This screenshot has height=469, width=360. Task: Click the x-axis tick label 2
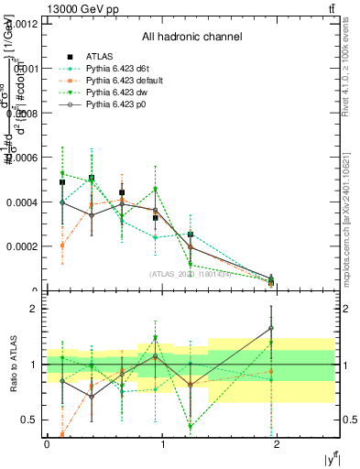tap(279, 444)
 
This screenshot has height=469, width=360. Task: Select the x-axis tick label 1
tap(163, 444)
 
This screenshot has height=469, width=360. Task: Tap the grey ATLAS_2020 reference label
tap(191, 273)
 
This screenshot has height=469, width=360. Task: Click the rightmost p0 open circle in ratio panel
tap(271, 328)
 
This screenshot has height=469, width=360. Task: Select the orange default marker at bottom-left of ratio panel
tap(61, 434)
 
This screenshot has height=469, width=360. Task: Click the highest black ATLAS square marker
tap(92, 179)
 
